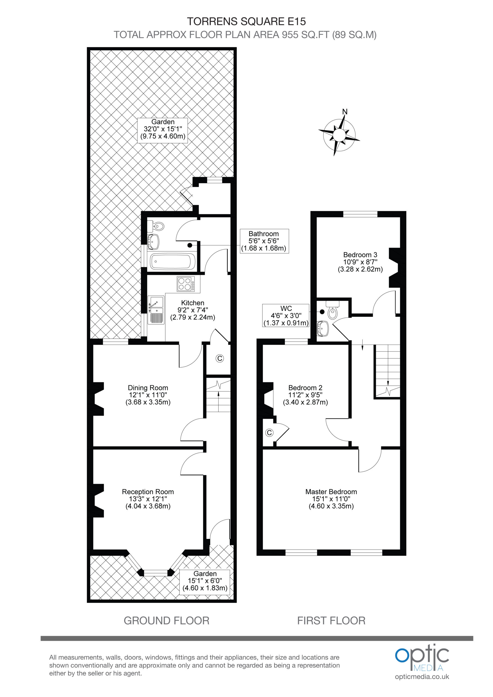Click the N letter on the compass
tap(345, 112)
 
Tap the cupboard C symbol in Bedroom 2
tap(269, 433)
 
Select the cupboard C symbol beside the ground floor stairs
tap(220, 358)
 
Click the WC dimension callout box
tap(286, 315)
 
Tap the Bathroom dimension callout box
tap(264, 241)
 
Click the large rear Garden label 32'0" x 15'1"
tap(163, 129)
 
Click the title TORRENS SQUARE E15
tap(246, 21)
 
